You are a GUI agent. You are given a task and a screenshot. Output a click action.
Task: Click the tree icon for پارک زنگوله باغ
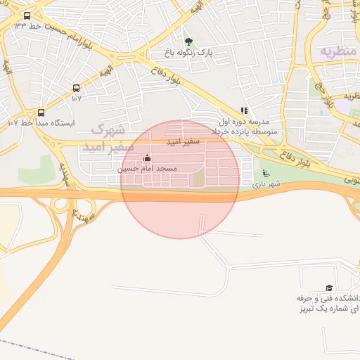pyautogui.click(x=188, y=41)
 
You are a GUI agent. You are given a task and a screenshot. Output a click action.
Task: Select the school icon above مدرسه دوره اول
pyautogui.click(x=244, y=110)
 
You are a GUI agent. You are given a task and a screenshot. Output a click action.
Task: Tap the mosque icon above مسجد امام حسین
pyautogui.click(x=147, y=158)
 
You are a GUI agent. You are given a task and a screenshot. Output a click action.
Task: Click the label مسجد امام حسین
pyautogui.click(x=147, y=169)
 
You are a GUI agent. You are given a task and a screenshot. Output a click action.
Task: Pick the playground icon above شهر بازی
pyautogui.click(x=265, y=174)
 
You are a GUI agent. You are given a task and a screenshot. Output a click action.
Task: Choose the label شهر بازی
pyautogui.click(x=266, y=184)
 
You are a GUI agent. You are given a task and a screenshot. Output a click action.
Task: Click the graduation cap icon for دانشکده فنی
pyautogui.click(x=329, y=288)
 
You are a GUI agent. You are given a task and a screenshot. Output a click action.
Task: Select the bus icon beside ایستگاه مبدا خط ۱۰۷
pyautogui.click(x=41, y=112)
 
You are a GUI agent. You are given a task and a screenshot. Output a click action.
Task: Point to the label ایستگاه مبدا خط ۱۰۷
pyautogui.click(x=41, y=123)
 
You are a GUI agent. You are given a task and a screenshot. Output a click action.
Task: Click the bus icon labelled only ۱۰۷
pyautogui.click(x=76, y=89)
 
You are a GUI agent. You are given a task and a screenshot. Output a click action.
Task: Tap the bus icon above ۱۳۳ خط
pyautogui.click(x=27, y=15)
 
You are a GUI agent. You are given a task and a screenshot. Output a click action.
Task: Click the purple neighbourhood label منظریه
pyautogui.click(x=335, y=51)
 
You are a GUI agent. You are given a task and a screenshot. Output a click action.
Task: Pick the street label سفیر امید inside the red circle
pyautogui.click(x=184, y=142)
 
